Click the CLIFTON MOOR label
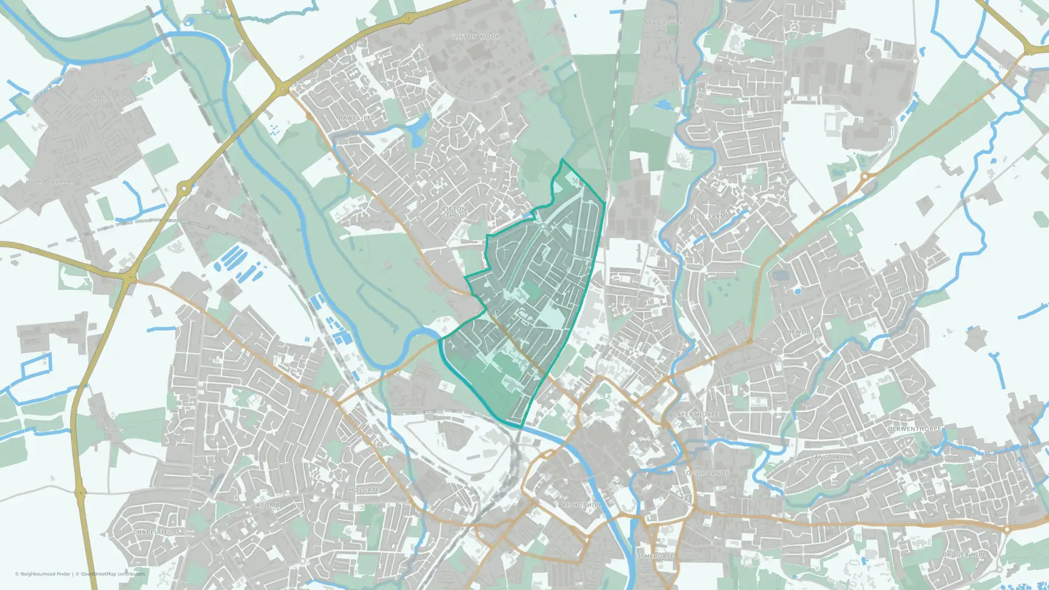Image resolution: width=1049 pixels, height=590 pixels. pyautogui.click(x=474, y=37)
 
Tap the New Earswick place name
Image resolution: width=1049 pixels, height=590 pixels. pyautogui.click(x=663, y=23)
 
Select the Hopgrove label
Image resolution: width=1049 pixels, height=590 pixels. pyautogui.click(x=1012, y=67)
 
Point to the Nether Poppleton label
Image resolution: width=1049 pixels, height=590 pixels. pyautogui.click(x=119, y=99)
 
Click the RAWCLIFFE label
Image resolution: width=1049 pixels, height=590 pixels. pyautogui.click(x=357, y=118)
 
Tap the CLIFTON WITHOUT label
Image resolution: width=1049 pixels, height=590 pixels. pyautogui.click(x=452, y=212)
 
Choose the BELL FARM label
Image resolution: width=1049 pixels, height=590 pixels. pyautogui.click(x=708, y=216)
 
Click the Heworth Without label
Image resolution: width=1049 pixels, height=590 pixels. pyautogui.click(x=890, y=289)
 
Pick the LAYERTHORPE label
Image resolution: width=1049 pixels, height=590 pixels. pyautogui.click(x=696, y=414)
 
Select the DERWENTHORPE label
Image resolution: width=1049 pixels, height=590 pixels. pyautogui.click(x=915, y=429)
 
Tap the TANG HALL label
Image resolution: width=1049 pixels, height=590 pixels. pyautogui.click(x=829, y=457)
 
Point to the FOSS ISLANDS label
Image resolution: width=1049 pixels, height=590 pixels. pyautogui.click(x=705, y=473)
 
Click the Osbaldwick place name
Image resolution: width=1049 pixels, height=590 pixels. pyautogui.click(x=983, y=466)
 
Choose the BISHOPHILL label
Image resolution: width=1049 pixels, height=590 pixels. pyautogui.click(x=582, y=505)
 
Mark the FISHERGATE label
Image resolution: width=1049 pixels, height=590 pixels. pyautogui.click(x=654, y=556)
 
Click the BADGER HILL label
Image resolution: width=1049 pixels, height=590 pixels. pyautogui.click(x=964, y=554)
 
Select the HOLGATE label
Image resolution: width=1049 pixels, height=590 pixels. pyautogui.click(x=364, y=490)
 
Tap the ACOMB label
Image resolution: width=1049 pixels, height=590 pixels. pyautogui.click(x=267, y=505)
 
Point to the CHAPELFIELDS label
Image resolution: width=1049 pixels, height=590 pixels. pyautogui.click(x=156, y=532)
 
